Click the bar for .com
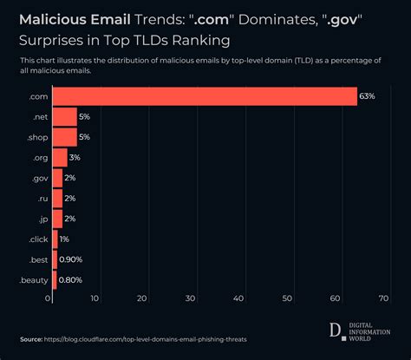tap(205, 96)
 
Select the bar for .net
tap(65, 117)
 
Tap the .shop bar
tap(65, 137)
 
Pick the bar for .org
tap(60, 158)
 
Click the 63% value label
tap(367, 96)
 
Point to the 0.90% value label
tap(71, 259)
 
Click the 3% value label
tap(75, 158)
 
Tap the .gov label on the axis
tap(38, 178)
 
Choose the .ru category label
tap(41, 199)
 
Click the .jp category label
tap(41, 219)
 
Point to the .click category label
tap(37, 239)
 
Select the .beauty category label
tap(33, 279)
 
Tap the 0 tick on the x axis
tap(49, 298)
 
